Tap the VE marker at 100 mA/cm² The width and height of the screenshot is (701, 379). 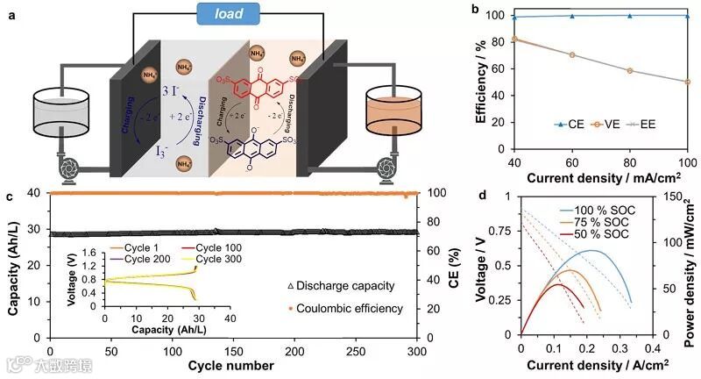pos(688,82)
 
